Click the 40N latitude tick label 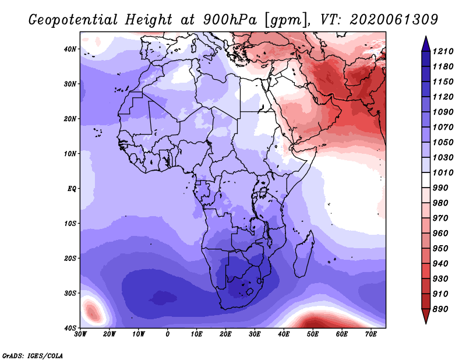click(70, 49)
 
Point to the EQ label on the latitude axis click(72, 189)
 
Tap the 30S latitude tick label click(70, 293)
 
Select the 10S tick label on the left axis click(70, 223)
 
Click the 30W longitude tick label click(80, 334)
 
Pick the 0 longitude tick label click(168, 334)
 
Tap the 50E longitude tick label click(313, 334)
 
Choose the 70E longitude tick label click(370, 334)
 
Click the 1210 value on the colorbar click(443, 51)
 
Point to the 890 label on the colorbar click(440, 309)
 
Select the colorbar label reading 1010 click(443, 172)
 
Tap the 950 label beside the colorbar click(440, 249)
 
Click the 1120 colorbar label click(443, 97)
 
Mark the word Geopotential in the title click(73, 20)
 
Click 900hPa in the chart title click(230, 20)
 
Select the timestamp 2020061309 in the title click(394, 20)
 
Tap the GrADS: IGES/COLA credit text click(33, 355)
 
